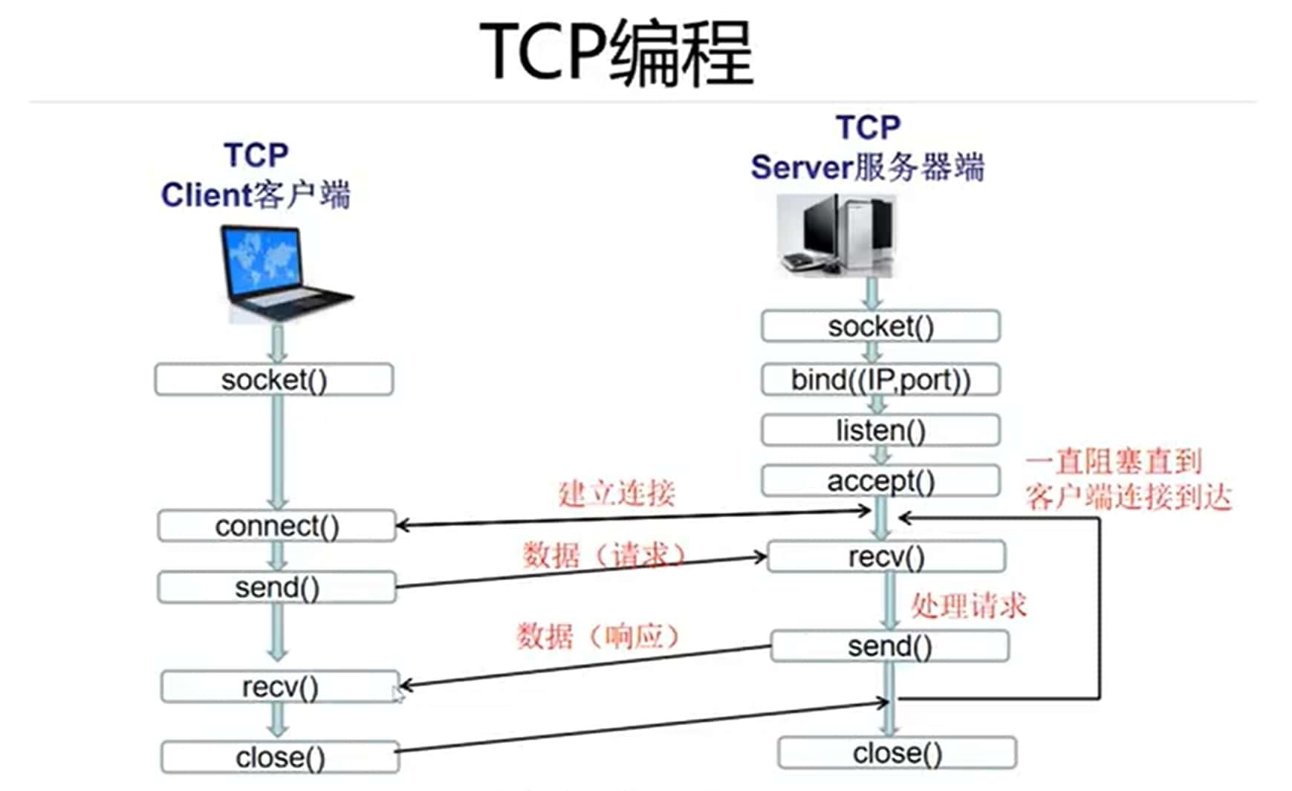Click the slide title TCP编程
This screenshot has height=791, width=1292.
point(617,52)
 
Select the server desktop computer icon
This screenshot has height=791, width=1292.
point(836,235)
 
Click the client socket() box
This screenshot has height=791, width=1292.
point(274,380)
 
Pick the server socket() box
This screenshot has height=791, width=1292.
point(880,326)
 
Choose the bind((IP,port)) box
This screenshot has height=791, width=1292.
point(880,380)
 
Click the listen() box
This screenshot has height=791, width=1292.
point(880,430)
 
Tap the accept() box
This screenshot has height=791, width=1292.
point(880,481)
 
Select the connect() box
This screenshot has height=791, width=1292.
point(277,526)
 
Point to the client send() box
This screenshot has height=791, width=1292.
point(277,587)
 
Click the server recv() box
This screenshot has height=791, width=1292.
point(886,556)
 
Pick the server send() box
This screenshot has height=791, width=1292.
point(890,646)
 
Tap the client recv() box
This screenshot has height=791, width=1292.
point(280,687)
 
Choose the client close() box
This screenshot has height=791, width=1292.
point(280,758)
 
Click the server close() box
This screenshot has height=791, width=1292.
point(897,753)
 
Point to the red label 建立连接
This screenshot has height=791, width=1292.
point(617,493)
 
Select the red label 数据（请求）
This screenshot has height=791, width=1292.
point(603,555)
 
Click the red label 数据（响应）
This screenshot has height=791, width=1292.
point(598,636)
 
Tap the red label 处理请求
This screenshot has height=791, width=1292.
point(969,606)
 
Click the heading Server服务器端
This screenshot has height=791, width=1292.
point(868,167)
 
